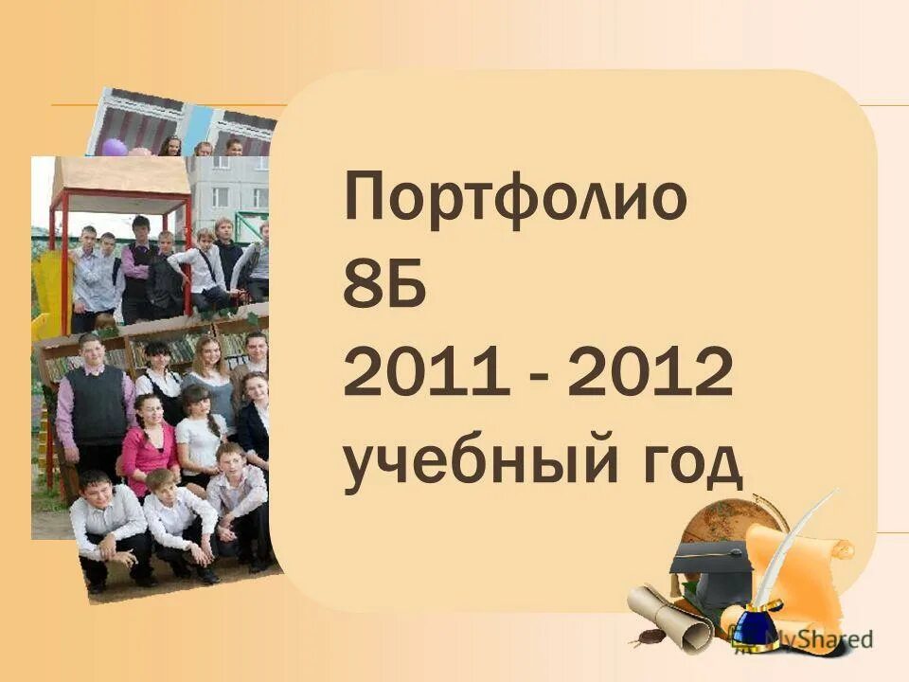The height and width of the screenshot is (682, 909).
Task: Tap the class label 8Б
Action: (x=385, y=288)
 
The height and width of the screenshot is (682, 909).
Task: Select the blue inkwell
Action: (x=754, y=630)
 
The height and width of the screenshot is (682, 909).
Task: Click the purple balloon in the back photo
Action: (x=115, y=147)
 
